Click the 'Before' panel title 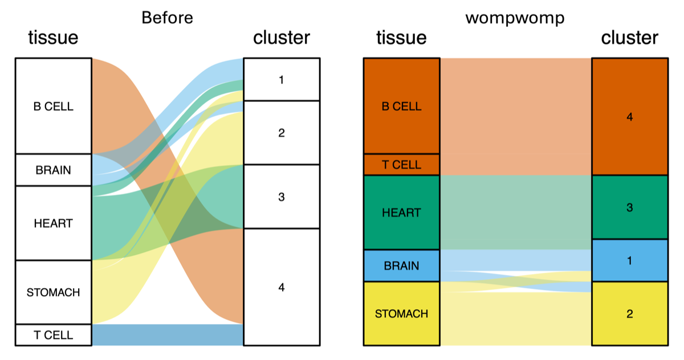coord(168,18)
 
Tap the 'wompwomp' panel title coord(515,18)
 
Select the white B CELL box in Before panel coord(54,106)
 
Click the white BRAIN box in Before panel coord(54,170)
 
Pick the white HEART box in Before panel coord(54,223)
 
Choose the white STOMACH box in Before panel coord(54,292)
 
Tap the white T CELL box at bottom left coord(54,335)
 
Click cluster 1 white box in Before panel coord(282,79)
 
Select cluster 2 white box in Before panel coord(282,133)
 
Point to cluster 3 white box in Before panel coord(282,197)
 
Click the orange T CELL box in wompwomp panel coord(401,165)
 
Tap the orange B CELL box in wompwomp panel coord(401,106)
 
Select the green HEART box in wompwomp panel coord(401,212)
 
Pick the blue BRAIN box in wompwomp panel coord(401,266)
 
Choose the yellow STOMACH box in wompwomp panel coord(401,314)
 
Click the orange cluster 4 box coord(630,117)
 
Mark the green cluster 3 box coord(630,207)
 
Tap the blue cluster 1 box coord(630,260)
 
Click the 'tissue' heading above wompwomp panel coord(401,38)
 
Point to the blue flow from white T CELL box coord(168,335)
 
